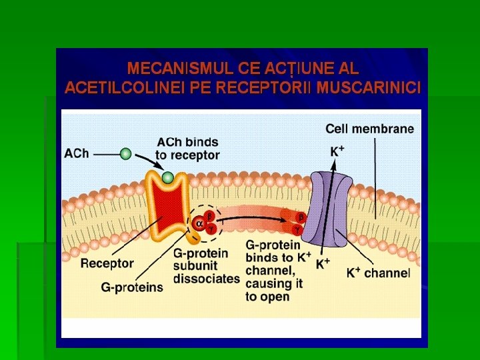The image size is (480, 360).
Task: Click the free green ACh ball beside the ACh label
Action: [125, 154]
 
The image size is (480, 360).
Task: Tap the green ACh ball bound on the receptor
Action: [168, 177]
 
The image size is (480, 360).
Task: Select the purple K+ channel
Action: [332, 207]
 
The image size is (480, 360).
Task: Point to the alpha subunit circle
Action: [198, 223]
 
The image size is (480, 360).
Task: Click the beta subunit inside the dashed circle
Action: [209, 216]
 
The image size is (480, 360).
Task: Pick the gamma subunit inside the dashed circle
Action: [211, 229]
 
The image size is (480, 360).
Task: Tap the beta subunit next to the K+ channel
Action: [301, 217]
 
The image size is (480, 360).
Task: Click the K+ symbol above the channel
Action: [337, 151]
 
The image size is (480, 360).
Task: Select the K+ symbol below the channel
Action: [323, 264]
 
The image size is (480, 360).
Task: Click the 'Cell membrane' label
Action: [369, 129]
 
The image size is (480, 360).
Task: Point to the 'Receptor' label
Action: [107, 263]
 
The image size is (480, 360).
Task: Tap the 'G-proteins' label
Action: [132, 287]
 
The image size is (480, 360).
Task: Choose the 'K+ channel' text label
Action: [378, 273]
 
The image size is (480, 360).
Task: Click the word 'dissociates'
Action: [207, 278]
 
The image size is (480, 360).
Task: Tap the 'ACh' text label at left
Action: [76, 154]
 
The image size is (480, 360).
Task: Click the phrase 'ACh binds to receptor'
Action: [187, 148]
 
